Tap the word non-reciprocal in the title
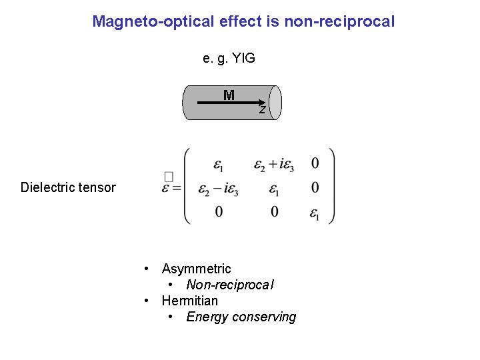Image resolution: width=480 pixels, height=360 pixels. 339,21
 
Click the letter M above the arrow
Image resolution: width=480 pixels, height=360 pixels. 229,95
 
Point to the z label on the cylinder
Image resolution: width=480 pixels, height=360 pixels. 263,110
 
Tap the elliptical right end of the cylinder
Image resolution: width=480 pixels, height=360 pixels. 275,103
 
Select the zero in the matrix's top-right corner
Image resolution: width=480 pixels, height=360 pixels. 315,163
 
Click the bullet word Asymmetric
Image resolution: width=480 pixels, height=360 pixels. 196,269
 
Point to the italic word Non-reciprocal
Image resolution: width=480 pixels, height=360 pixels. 230,285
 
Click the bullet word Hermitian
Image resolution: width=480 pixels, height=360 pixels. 189,301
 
